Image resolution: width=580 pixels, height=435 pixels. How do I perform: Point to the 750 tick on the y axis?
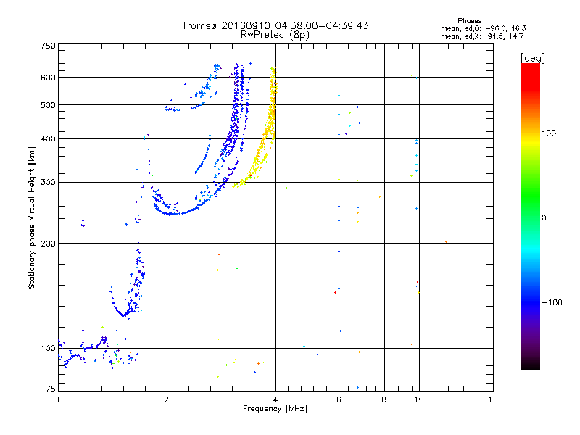tap(48, 46)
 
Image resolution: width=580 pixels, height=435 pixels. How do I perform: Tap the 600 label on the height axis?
tap(48, 78)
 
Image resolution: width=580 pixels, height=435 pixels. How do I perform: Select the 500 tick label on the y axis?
tap(48, 105)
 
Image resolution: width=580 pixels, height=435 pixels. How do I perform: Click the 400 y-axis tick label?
tap(48, 138)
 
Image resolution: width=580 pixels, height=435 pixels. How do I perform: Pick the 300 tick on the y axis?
tap(48, 182)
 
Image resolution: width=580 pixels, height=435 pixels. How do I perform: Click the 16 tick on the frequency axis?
tap(492, 399)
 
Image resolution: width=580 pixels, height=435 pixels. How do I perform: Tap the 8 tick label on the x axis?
tap(384, 399)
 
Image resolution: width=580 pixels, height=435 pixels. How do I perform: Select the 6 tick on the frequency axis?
tap(339, 399)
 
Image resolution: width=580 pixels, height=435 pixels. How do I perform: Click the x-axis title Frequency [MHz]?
tap(275, 410)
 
